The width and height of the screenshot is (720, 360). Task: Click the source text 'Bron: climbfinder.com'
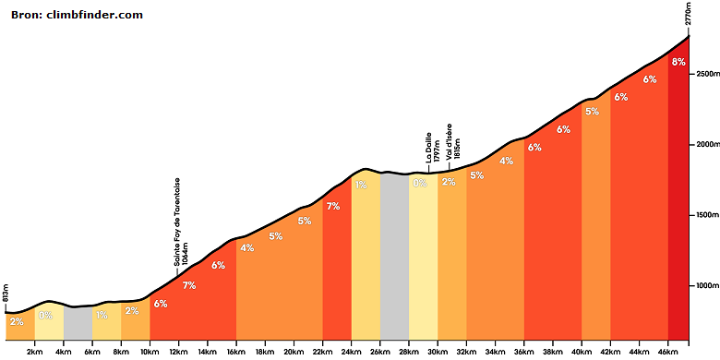pyautogui.click(x=77, y=15)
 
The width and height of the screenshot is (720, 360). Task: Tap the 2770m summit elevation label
pyautogui.click(x=688, y=17)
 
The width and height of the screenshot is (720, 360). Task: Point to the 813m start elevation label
pyautogui.click(x=6, y=300)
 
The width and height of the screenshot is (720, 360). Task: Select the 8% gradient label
pyautogui.click(x=678, y=62)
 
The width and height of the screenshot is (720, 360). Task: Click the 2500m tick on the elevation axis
pyautogui.click(x=706, y=74)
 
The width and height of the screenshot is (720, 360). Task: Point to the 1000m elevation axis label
pyautogui.click(x=706, y=285)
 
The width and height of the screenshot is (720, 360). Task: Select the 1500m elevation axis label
pyautogui.click(x=706, y=215)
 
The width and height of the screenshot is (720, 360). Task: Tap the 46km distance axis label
pyautogui.click(x=668, y=352)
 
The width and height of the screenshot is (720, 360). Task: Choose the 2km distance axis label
pyautogui.click(x=34, y=352)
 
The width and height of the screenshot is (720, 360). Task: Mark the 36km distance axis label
pyautogui.click(x=524, y=352)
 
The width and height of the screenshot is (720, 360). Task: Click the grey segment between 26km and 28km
pyautogui.click(x=394, y=257)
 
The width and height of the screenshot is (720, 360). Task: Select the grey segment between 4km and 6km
pyautogui.click(x=78, y=323)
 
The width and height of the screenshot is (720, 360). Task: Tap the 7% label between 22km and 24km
pyautogui.click(x=333, y=207)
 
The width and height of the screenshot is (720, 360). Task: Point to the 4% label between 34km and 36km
pyautogui.click(x=506, y=162)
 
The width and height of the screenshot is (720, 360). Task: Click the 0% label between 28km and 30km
pyautogui.click(x=420, y=183)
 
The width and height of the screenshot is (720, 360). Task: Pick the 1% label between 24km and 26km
pyautogui.click(x=360, y=185)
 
